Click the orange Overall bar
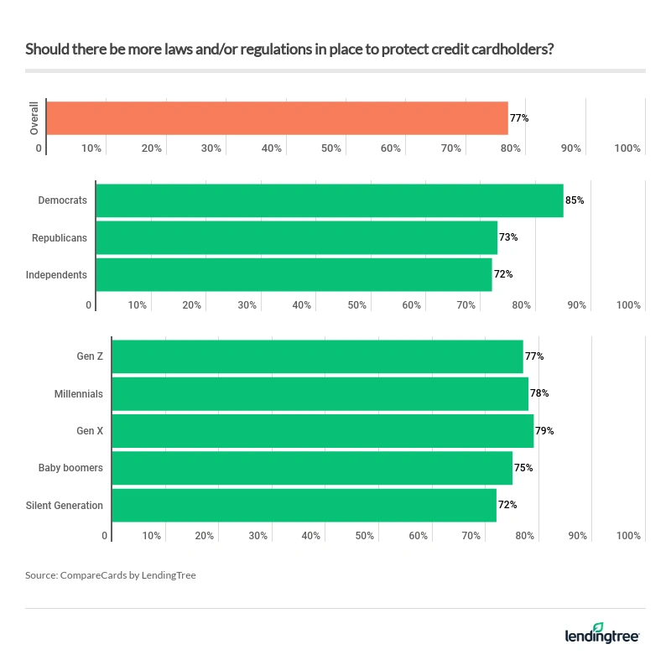pos(277,118)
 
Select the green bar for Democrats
pos(329,200)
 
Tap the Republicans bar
pos(296,237)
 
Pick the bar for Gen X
pos(322,431)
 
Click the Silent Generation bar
pos(304,505)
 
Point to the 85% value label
pos(575,200)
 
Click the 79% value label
pos(544,431)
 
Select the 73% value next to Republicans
pos(508,237)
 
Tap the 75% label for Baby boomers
pos(523,468)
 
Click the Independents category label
pos(56,274)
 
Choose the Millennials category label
pos(78,394)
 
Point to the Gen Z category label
pos(89,356)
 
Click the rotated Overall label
pos(34,118)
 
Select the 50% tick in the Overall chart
pos(331,148)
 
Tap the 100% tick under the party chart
pos(628,305)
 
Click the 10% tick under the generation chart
pos(151,536)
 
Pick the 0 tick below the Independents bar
pos(89,305)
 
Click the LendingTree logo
pos(601,633)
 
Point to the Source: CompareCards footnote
pos(111,575)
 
